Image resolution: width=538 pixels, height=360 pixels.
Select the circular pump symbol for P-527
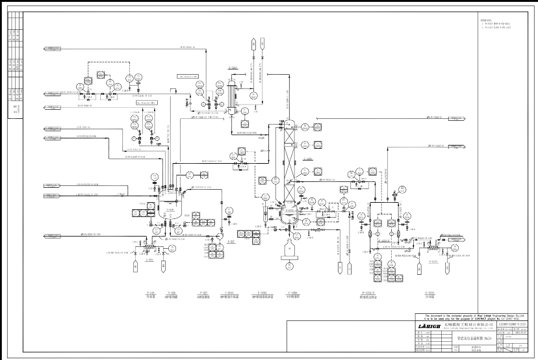point(222,233)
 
